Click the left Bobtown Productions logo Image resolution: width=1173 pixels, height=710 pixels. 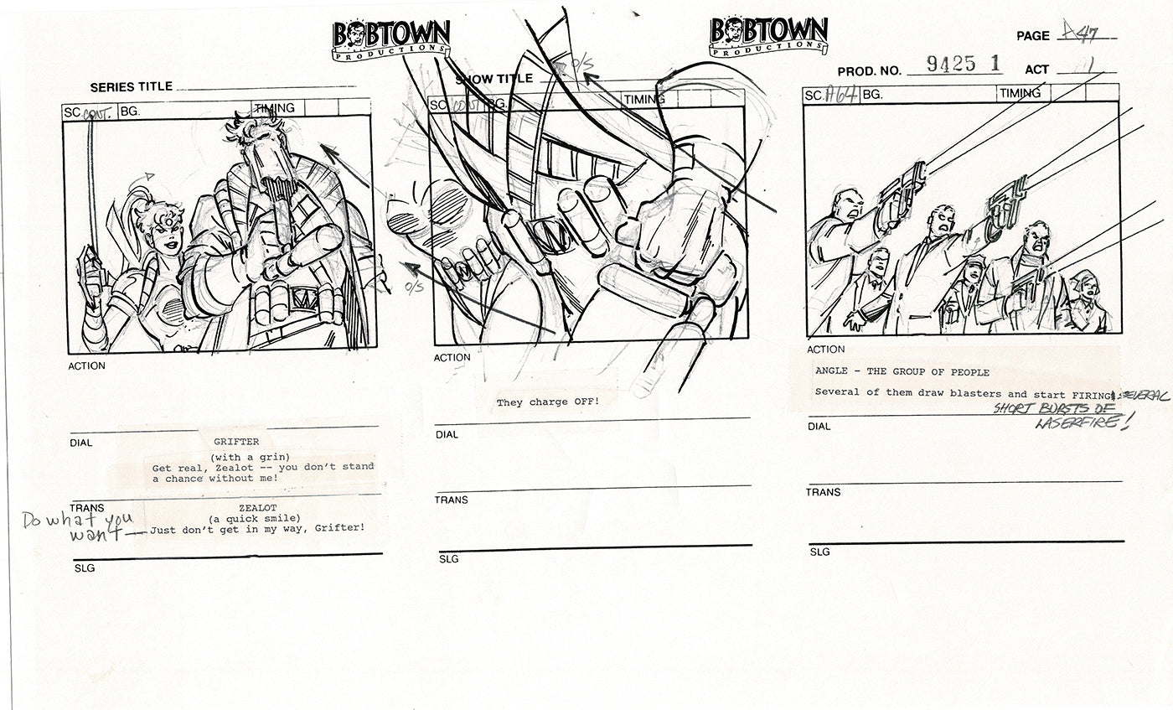[391, 39]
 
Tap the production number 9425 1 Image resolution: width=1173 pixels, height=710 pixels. [954, 64]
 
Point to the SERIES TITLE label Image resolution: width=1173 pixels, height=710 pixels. [132, 86]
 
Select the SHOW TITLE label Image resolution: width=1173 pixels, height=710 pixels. [493, 79]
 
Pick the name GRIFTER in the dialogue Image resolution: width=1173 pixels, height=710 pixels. [236, 442]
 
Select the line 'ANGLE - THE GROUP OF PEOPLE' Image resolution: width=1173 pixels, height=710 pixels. [902, 372]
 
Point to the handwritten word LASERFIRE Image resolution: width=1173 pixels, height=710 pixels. [1081, 423]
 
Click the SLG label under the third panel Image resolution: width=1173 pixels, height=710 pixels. [819, 552]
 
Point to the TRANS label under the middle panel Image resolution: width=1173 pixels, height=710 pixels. [451, 500]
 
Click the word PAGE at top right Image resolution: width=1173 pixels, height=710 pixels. [1032, 36]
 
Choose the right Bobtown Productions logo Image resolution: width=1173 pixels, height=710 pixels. [768, 39]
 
